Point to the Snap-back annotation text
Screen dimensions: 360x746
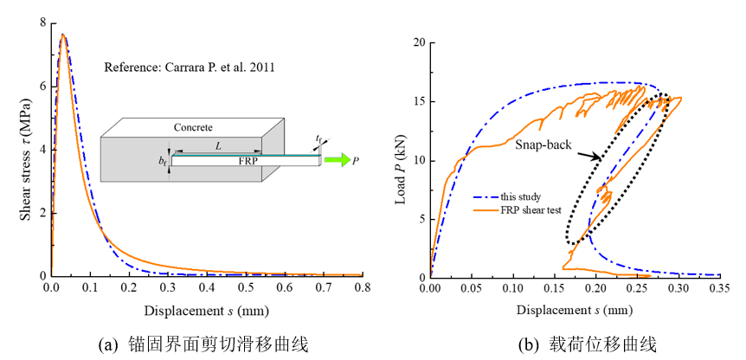point(542,146)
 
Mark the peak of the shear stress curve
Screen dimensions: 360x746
point(62,35)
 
